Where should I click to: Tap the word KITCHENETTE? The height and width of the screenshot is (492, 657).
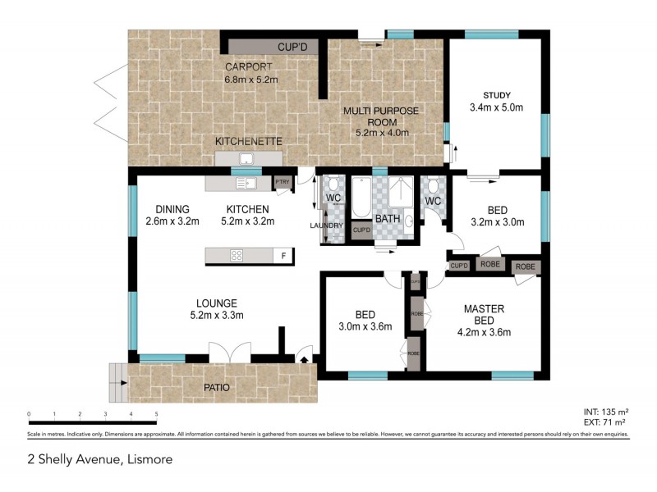tap(248, 142)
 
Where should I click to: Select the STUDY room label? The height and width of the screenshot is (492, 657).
tap(496, 94)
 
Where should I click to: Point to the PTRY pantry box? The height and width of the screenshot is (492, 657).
tap(283, 182)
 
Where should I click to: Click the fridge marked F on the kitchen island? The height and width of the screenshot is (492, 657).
tap(283, 255)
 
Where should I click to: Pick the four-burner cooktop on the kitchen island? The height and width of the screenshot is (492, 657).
tap(237, 255)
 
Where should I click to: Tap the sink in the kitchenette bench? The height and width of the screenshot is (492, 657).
tap(245, 159)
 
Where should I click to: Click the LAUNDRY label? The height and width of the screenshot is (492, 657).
tap(325, 225)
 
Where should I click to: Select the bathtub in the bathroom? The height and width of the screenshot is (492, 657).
tap(360, 205)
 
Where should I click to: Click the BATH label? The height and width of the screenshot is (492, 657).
tap(387, 220)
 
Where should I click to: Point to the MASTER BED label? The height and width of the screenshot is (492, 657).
tap(484, 315)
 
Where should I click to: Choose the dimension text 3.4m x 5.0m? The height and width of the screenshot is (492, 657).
tap(496, 107)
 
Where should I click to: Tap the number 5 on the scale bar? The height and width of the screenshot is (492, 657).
tap(156, 415)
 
